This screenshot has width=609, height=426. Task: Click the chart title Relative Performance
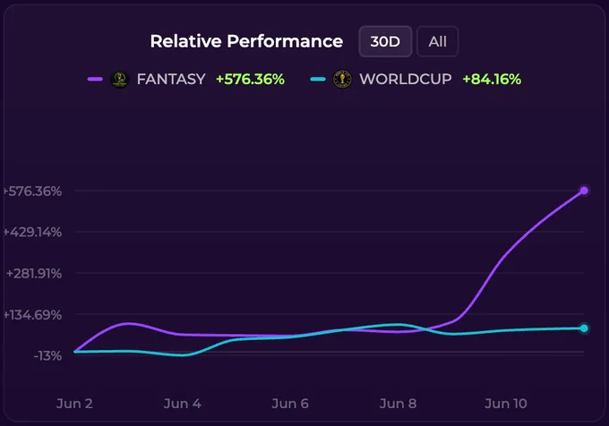246,41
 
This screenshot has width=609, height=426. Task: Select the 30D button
385,41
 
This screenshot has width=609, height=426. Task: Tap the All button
437,41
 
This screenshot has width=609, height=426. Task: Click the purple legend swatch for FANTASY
95,79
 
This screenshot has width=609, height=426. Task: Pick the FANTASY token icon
120,79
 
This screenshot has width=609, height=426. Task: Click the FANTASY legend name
171,79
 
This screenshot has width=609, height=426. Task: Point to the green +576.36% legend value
250,79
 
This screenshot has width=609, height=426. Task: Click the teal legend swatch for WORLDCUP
318,80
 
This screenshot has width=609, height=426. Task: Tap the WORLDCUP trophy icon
342,79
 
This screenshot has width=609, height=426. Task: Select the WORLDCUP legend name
406,79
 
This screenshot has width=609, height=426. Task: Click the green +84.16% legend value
492,79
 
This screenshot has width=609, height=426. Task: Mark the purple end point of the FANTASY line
584,191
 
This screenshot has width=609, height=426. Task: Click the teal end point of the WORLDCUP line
584,328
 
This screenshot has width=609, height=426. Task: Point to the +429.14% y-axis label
32,232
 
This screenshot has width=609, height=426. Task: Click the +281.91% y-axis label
34,274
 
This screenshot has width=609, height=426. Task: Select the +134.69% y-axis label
32,315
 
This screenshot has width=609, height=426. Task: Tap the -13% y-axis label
47,356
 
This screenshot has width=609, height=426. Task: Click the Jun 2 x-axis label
74,404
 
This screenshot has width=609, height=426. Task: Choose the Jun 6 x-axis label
290,404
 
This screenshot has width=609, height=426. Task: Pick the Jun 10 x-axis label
506,404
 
